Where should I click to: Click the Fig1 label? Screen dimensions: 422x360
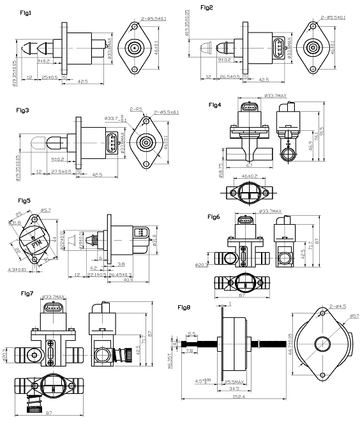tap(26, 13)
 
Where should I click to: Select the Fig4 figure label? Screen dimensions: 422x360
tap(214, 104)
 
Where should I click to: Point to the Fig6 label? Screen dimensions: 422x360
tap(214, 217)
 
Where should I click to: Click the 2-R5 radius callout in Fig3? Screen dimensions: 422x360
tap(135, 110)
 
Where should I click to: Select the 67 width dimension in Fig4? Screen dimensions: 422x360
tap(246, 164)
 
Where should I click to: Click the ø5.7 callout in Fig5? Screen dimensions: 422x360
tap(46, 209)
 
